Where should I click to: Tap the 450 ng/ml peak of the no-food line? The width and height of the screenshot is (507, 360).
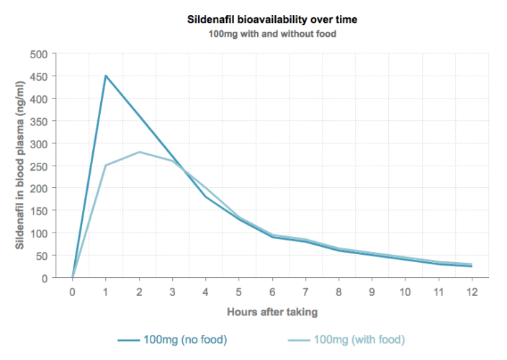(106, 76)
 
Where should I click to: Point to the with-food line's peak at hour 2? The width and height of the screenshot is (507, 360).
(139, 152)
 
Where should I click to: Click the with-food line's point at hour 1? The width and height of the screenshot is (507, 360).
(106, 166)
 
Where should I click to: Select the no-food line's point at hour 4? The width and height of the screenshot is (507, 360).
(206, 197)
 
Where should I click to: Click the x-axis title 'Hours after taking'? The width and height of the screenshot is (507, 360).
(272, 312)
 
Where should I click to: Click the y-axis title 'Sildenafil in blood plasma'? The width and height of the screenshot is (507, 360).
(20, 166)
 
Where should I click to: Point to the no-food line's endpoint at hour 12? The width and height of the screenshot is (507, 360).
(472, 266)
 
